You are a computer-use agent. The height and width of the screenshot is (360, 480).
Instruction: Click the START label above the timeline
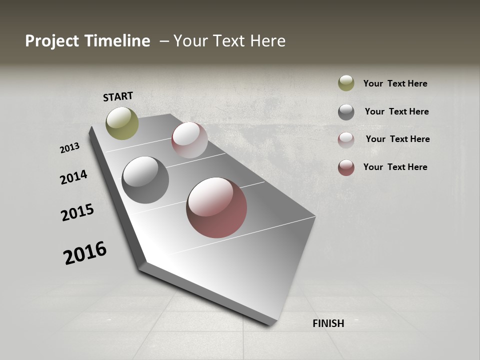(118, 96)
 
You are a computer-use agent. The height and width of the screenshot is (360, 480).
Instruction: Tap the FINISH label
(328, 323)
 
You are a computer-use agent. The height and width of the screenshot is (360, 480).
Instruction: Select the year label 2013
(70, 148)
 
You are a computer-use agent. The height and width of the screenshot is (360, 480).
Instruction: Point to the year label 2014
(74, 177)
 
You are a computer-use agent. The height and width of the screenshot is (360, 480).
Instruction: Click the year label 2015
(77, 212)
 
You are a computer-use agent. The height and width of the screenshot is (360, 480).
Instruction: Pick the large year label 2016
(85, 252)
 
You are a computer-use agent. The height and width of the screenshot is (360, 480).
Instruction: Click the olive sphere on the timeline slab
(122, 123)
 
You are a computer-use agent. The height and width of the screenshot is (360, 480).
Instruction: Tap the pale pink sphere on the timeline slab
(189, 140)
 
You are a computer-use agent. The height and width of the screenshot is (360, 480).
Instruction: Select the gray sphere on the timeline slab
(145, 180)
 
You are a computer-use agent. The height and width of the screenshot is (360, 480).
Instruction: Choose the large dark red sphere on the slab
(216, 207)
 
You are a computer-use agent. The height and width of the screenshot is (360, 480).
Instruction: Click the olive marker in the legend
(346, 83)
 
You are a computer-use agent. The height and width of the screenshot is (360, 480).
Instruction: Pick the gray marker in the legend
(346, 112)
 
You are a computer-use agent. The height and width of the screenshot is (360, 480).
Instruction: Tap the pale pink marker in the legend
(346, 140)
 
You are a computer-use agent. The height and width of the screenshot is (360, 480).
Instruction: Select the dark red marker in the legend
(346, 167)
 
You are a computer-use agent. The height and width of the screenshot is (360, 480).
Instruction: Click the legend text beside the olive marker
(395, 83)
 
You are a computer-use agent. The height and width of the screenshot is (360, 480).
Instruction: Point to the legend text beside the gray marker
(397, 111)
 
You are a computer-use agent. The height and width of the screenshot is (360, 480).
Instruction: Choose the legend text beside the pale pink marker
(398, 139)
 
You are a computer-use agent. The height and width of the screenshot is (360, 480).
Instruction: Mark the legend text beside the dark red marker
(395, 167)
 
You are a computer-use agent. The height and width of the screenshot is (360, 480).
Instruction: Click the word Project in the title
(52, 41)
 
